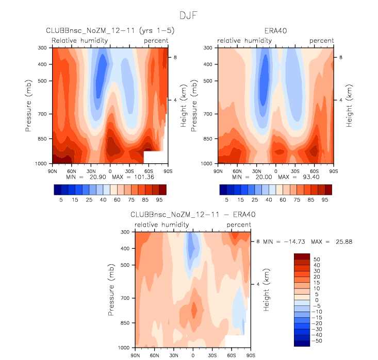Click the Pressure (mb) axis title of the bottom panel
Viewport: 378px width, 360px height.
point(112,290)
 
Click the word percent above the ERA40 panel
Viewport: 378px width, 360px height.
point(322,41)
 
